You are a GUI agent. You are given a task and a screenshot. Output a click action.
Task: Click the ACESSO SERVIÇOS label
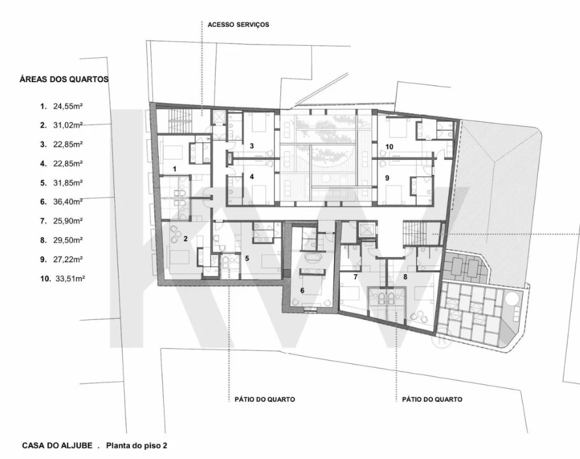pyautogui.click(x=238, y=25)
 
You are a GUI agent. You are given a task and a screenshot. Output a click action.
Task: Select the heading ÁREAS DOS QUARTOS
pyautogui.click(x=64, y=79)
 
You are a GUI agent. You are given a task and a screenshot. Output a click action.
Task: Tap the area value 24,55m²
pyautogui.click(x=68, y=106)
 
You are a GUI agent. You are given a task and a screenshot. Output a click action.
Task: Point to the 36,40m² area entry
pyautogui.click(x=68, y=201)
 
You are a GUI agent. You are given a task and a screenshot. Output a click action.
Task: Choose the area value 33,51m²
pyautogui.click(x=70, y=279)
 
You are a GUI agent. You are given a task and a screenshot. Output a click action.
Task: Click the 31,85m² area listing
pyautogui.click(x=68, y=183)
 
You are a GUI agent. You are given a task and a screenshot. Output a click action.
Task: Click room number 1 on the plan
pyautogui.click(x=175, y=169)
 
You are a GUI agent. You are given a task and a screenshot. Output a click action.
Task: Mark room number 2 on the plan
pyautogui.click(x=185, y=239)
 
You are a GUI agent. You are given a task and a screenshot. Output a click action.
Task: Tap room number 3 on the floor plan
pyautogui.click(x=252, y=146)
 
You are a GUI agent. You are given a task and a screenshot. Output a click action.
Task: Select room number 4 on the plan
pyautogui.click(x=252, y=177)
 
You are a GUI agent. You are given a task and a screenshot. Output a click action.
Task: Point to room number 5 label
pyautogui.click(x=247, y=258)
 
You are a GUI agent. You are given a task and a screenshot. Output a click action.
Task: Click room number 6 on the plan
pyautogui.click(x=302, y=291)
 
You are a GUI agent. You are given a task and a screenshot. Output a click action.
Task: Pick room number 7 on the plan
pyautogui.click(x=356, y=277)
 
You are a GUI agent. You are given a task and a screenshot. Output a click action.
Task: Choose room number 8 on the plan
pyautogui.click(x=405, y=277)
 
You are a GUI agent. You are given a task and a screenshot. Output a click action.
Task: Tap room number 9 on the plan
pyautogui.click(x=388, y=178)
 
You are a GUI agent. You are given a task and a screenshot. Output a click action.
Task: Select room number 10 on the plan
pyautogui.click(x=389, y=147)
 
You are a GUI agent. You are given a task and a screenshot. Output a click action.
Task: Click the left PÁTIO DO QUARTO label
pyautogui.click(x=265, y=400)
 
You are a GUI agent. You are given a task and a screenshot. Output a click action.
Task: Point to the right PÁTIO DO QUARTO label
pyautogui.click(x=432, y=400)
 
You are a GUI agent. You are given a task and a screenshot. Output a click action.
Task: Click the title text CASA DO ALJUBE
pyautogui.click(x=57, y=446)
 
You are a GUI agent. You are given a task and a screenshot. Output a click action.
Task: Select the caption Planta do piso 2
pyautogui.click(x=136, y=446)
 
